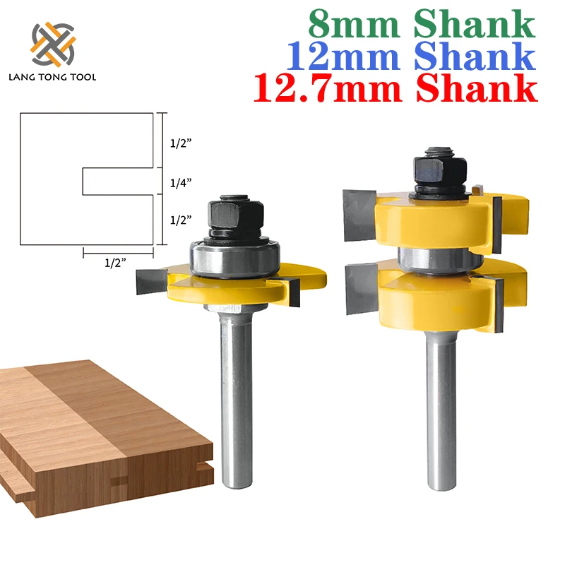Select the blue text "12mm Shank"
[x=412, y=57]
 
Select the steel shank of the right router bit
[x=435, y=417]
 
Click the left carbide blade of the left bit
[x=153, y=282]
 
